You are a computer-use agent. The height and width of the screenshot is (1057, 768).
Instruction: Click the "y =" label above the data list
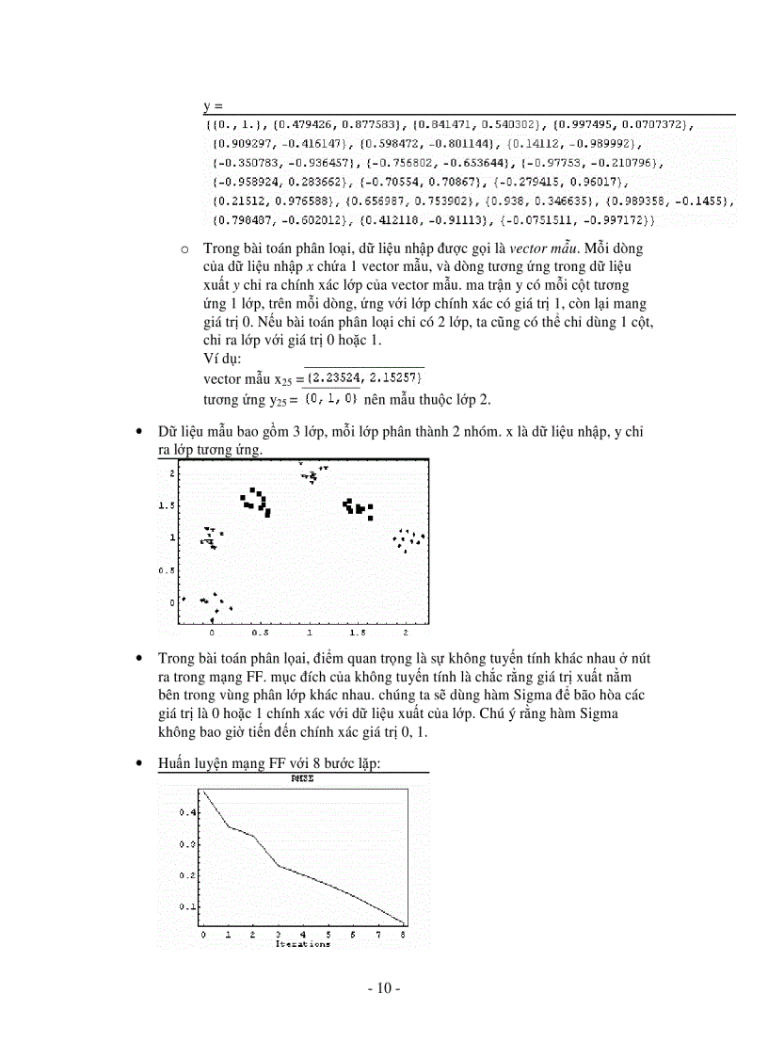212,106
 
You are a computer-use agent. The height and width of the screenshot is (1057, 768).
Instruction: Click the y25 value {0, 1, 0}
331,398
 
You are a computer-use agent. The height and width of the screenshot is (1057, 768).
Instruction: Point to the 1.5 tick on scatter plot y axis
166,505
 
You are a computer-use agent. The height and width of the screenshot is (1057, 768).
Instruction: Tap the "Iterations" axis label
302,944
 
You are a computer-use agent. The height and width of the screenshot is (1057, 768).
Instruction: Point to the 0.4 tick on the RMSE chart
187,811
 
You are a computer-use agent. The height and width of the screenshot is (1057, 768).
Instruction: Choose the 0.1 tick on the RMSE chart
187,906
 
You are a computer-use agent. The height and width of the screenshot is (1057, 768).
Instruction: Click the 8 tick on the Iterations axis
404,935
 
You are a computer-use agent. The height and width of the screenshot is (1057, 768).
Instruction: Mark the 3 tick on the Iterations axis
278,935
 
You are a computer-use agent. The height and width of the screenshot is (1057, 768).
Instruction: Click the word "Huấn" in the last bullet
175,765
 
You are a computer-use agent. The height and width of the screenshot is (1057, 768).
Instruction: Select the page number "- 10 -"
384,988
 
